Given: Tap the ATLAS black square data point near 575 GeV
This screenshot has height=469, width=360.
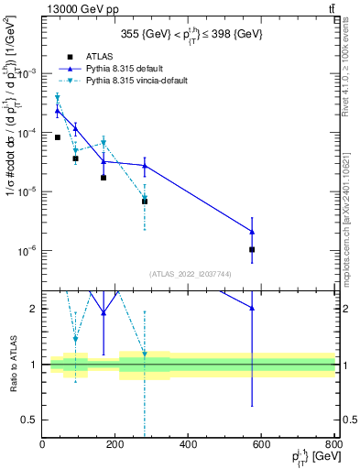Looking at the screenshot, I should pos(252,249).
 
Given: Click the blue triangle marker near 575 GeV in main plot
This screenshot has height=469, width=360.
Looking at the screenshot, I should pos(252,232).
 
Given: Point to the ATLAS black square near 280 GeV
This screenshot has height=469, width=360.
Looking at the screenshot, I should pos(145,201).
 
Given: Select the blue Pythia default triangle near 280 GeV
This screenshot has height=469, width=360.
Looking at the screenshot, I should pos(145,165).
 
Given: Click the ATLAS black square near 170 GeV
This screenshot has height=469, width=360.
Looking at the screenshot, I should pos(104,178).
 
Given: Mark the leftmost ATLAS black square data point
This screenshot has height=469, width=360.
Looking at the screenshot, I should pos(57,137).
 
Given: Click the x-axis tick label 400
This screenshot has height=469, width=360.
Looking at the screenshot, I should pos(189,446).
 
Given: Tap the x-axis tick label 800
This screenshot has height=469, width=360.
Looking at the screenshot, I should pos(334,446).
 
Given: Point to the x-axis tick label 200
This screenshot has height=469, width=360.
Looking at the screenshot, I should pos(115,446).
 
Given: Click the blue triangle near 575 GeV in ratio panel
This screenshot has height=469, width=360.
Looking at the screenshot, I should pos(252,309).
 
